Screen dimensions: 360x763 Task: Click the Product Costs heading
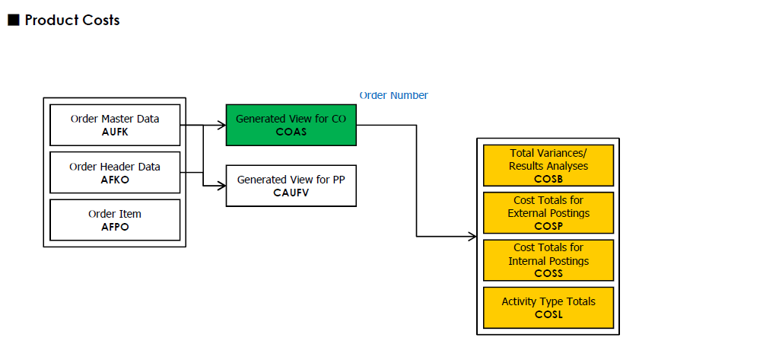click(x=72, y=21)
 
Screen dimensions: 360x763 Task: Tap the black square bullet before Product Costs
click(x=13, y=21)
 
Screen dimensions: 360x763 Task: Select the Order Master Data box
click(x=115, y=125)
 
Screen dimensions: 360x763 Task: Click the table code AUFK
click(x=115, y=132)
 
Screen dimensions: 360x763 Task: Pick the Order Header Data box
click(x=115, y=172)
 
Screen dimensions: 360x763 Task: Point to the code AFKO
click(x=115, y=179)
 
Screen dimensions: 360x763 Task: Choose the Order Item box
click(x=115, y=219)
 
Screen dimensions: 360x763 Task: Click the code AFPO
click(x=115, y=227)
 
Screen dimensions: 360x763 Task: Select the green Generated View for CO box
click(x=291, y=125)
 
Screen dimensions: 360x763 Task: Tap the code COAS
click(x=291, y=132)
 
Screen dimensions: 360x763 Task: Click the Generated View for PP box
click(x=291, y=185)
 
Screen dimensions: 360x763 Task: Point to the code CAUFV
click(x=291, y=193)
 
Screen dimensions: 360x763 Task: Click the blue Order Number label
click(x=393, y=95)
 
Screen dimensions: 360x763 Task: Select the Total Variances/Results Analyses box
click(x=548, y=165)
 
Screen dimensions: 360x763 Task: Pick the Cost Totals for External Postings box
click(x=548, y=213)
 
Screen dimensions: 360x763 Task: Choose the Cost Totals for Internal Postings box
click(x=548, y=260)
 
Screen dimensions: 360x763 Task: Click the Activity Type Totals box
click(x=548, y=307)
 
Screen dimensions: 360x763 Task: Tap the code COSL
click(x=548, y=314)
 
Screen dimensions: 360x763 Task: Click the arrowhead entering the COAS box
click(x=221, y=125)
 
